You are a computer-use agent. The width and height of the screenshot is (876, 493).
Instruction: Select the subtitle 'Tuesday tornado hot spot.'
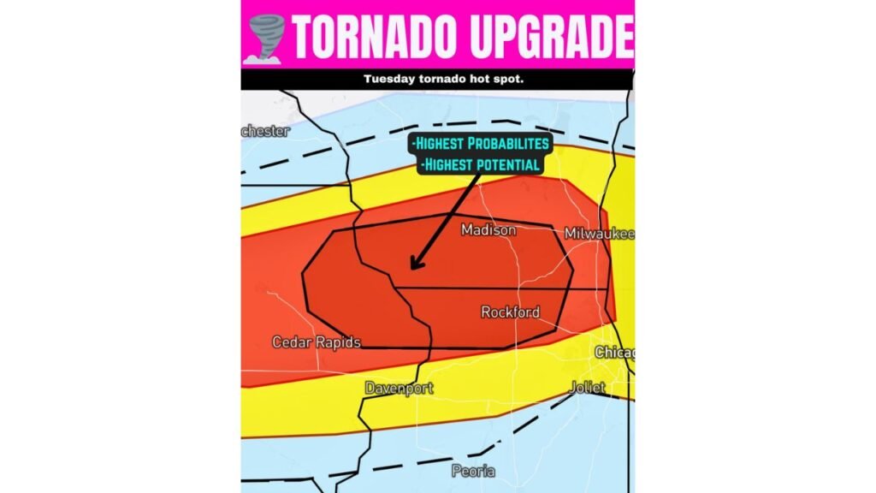437,79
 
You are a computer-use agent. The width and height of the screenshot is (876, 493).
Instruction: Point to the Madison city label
488,230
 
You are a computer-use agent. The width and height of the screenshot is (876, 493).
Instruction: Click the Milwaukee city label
599,234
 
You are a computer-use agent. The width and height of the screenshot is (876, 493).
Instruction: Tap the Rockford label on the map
510,312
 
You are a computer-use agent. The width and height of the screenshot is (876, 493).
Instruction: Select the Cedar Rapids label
316,342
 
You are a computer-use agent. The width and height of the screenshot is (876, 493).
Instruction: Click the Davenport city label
399,388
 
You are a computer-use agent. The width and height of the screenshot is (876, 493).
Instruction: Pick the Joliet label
588,388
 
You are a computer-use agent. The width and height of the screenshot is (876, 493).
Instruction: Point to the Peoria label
473,471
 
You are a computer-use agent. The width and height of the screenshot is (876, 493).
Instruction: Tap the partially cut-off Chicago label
615,353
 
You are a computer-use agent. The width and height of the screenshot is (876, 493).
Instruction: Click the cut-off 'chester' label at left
266,131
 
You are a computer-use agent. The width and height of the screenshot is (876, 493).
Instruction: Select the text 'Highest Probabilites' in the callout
480,143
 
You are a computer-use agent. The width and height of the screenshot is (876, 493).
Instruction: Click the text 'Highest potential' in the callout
480,163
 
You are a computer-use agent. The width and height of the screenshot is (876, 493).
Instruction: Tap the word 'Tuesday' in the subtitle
389,79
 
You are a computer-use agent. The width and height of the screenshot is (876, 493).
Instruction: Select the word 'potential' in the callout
507,163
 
